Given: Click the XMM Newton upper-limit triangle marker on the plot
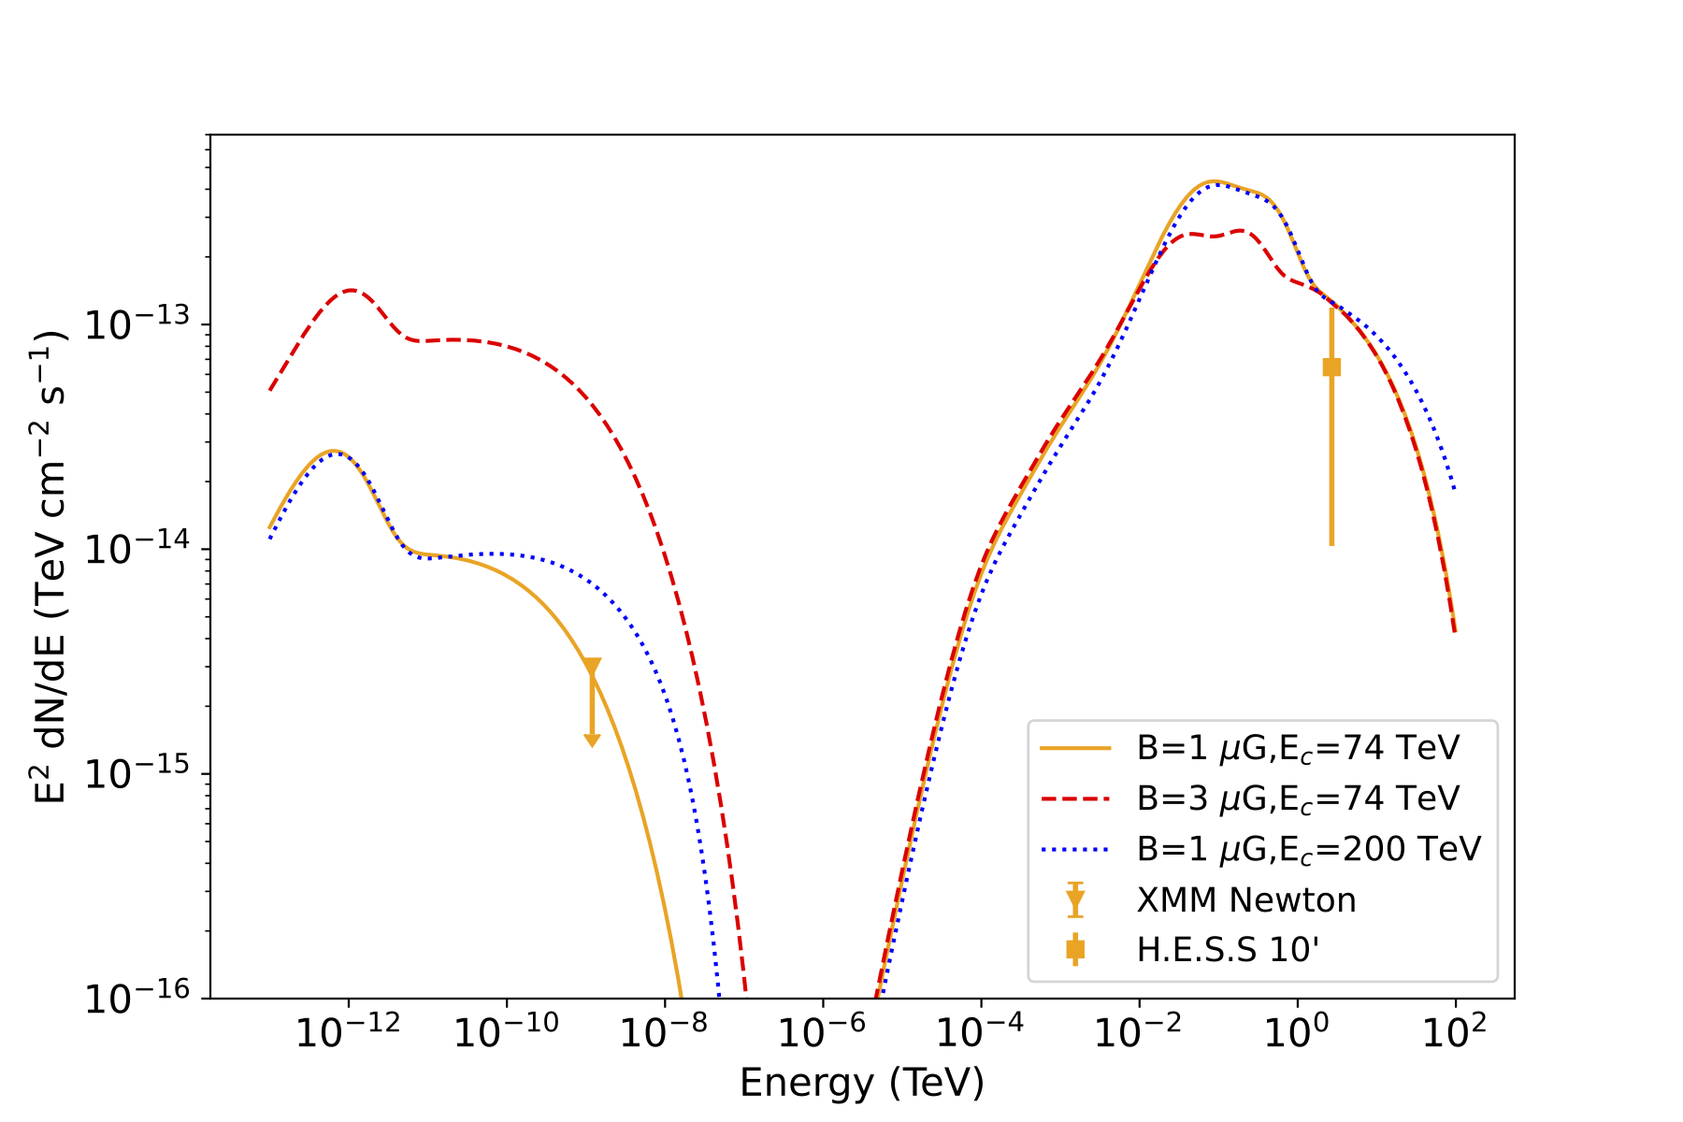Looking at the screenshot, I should point(592,667).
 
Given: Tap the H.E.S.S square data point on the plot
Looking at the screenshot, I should point(1331,367).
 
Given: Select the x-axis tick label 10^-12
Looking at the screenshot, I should point(348,1031).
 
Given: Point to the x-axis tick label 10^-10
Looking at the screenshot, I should point(506,1031).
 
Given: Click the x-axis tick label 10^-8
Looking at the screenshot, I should point(664,1031).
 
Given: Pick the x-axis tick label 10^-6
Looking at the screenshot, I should point(822,1031).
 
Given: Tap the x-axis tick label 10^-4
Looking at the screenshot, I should point(980,1031).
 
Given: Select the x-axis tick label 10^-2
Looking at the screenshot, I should point(1138,1031).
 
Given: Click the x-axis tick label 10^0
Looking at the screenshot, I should point(1296,1031).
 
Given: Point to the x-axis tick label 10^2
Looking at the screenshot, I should point(1454,1031).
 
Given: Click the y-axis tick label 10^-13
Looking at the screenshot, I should point(136,324).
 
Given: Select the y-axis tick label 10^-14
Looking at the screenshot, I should point(136,548).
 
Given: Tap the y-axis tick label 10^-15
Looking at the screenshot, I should point(136,773).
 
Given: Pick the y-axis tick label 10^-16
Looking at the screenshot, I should point(136,998).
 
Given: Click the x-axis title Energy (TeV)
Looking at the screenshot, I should point(861,1083).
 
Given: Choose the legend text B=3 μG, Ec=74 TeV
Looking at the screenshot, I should point(1298,798).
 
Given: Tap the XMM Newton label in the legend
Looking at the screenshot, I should point(1245,899).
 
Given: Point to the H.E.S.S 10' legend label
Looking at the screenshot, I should point(1228,950).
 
